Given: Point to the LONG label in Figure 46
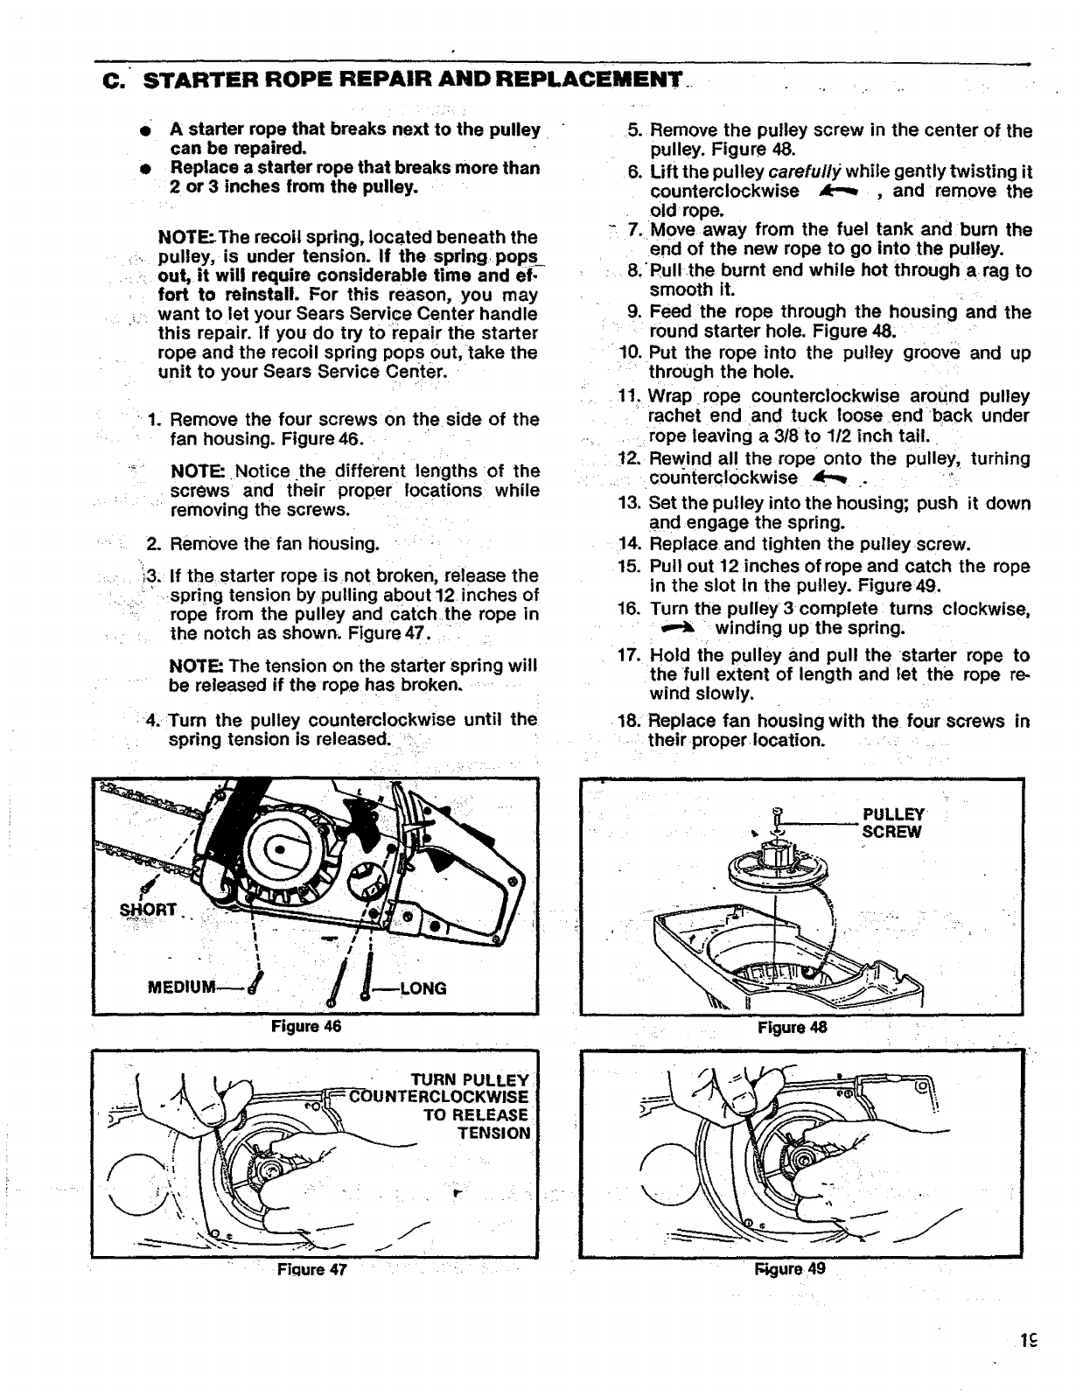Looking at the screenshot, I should pyautogui.click(x=423, y=988).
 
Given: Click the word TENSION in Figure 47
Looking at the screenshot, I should pyautogui.click(x=494, y=1134).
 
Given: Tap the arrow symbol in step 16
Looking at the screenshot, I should pyautogui.click(x=674, y=628).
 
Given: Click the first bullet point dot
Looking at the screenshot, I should pyautogui.click(x=154, y=131).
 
